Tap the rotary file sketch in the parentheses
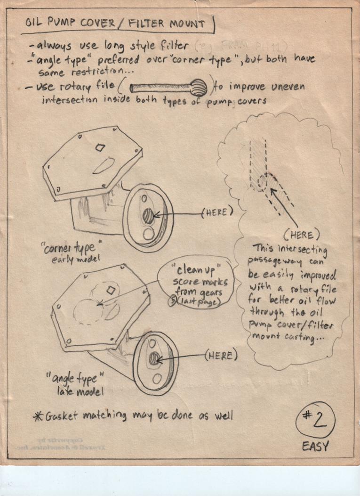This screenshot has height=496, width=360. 168,88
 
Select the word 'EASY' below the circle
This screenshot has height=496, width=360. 315,446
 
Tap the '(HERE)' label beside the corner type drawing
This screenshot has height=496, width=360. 217,212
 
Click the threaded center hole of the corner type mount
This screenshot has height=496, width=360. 148,217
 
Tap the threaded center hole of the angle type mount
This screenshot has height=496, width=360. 153,359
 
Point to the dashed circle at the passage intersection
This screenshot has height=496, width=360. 262,182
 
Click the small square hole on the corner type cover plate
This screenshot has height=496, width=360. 100,147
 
